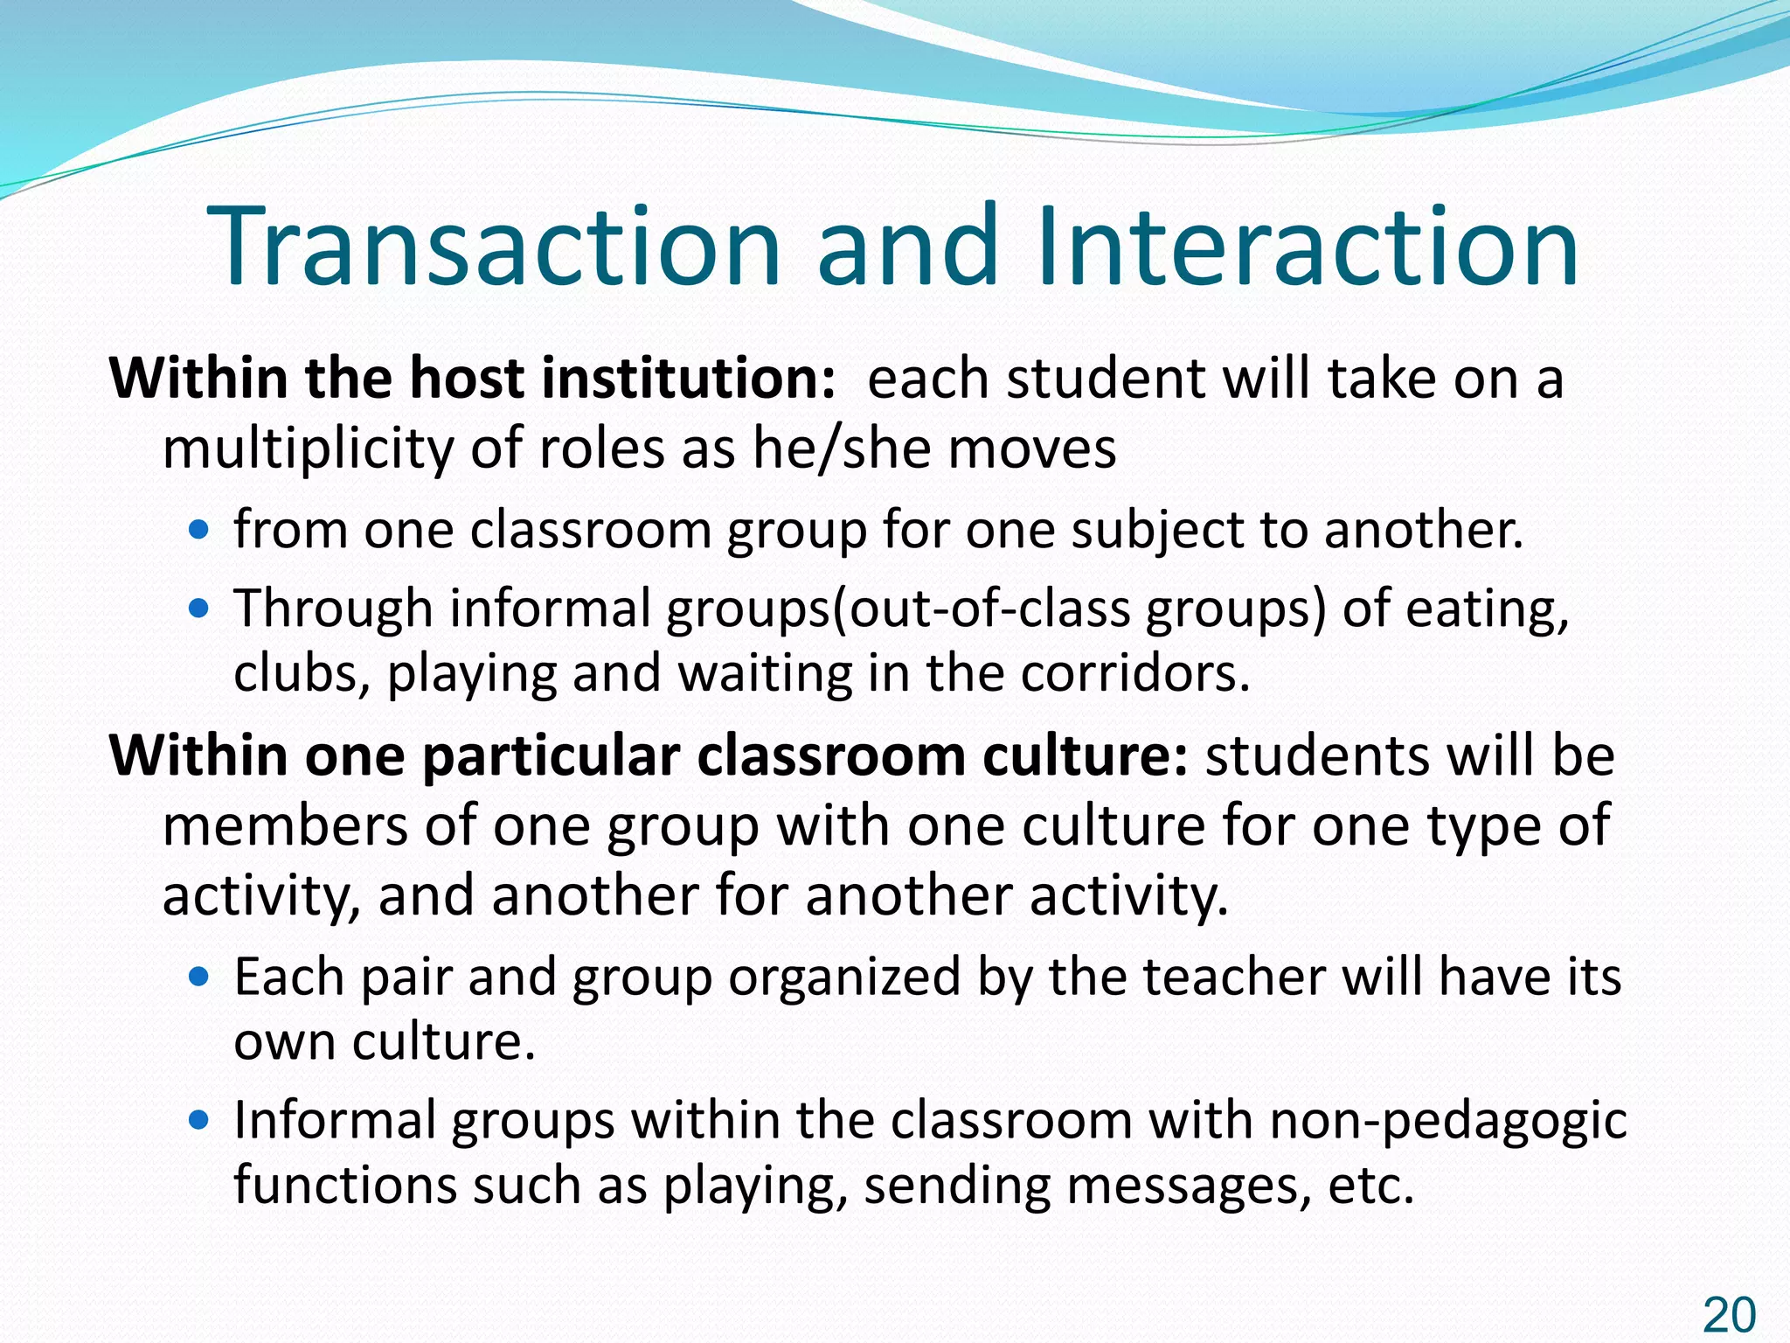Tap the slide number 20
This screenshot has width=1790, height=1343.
[x=1729, y=1314]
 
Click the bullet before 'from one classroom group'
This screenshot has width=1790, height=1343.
[x=200, y=529]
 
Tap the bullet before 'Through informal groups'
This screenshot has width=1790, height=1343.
[x=200, y=608]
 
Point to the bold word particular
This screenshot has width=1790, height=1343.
[x=552, y=755]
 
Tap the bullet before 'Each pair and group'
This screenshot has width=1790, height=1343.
[x=200, y=976]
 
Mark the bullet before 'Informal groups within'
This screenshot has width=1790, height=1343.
[x=200, y=1120]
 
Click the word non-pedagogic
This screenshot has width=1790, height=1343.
[x=1448, y=1122]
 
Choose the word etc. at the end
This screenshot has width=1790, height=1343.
[x=1370, y=1186]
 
